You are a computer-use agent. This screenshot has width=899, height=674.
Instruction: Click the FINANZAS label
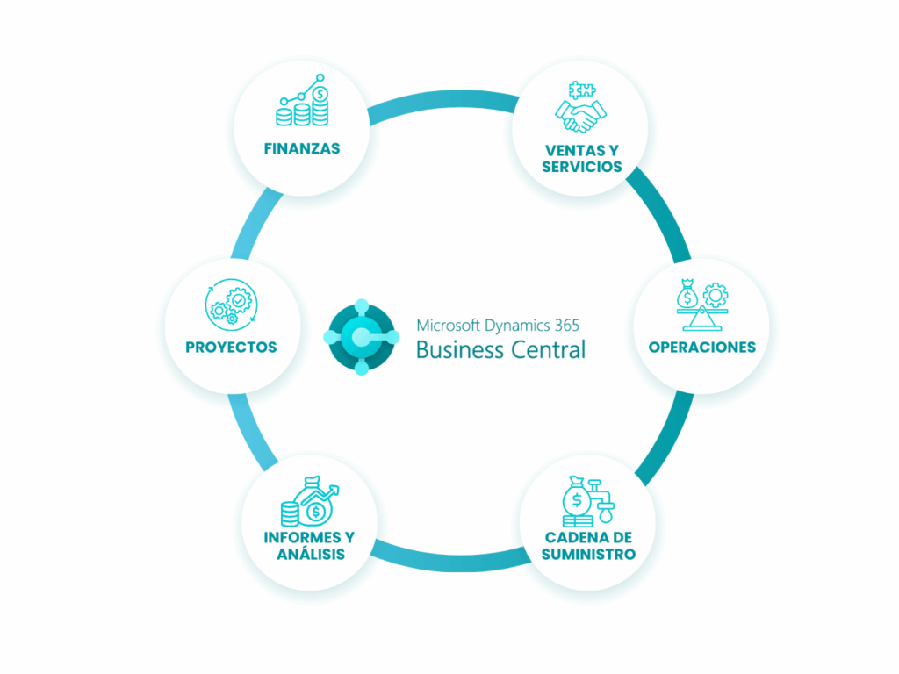(x=302, y=148)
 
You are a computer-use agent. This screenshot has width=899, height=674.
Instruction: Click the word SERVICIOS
(x=582, y=167)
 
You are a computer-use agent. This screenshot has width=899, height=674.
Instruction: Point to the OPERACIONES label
(x=701, y=347)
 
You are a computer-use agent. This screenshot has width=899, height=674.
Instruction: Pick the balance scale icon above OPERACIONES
(x=701, y=304)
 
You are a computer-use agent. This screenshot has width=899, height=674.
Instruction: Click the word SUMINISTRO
(x=588, y=555)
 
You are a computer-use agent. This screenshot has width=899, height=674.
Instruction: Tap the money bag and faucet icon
(x=586, y=500)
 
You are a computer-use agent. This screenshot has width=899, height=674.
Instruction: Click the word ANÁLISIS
(x=311, y=555)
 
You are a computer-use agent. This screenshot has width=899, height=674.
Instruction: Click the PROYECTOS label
(x=231, y=347)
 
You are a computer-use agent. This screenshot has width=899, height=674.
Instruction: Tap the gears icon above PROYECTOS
(x=230, y=304)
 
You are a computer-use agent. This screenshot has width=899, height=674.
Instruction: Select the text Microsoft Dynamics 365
(x=497, y=325)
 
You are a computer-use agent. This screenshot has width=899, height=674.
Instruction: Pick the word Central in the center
(x=546, y=349)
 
